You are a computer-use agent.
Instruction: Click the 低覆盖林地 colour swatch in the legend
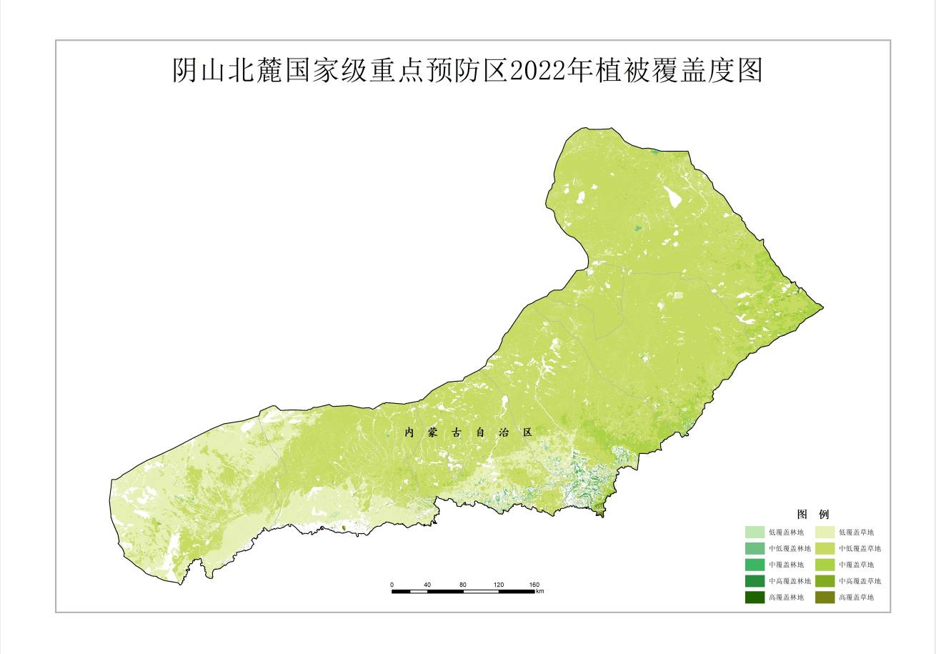(x=755, y=532)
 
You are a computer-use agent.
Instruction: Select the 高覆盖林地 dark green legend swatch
(x=755, y=598)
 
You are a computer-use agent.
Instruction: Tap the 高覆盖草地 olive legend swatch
(x=825, y=598)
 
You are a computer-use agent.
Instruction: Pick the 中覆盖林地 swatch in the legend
(x=755, y=565)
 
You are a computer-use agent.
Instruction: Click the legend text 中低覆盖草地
(x=860, y=549)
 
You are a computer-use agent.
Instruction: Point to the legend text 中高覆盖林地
(x=790, y=581)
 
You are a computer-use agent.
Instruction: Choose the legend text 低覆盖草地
(x=856, y=532)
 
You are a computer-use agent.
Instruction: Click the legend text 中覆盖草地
(x=856, y=565)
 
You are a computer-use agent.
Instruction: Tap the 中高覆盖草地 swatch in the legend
(x=825, y=581)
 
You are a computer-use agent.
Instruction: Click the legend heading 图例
(x=812, y=515)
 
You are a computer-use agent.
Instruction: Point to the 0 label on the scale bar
(x=392, y=585)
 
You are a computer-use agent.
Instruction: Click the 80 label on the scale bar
(x=463, y=585)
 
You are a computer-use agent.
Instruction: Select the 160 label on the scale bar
(x=534, y=585)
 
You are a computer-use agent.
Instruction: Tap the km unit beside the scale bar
(x=540, y=592)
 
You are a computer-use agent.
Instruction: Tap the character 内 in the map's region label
(x=409, y=433)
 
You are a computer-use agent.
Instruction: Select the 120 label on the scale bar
(x=499, y=585)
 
